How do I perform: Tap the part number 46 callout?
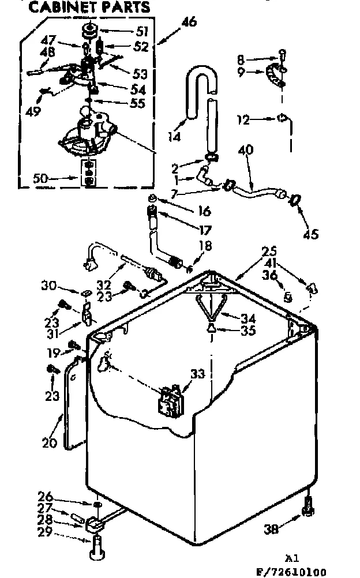[189, 22]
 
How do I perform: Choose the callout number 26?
[45, 497]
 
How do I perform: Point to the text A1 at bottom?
[292, 558]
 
